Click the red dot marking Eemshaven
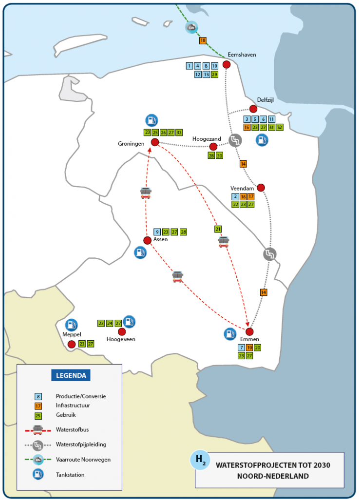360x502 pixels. point(227,64)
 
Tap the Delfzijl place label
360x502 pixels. point(266,99)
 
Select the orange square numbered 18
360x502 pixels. point(203,40)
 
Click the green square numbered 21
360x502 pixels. point(218,229)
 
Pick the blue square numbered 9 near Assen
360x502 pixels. point(157,232)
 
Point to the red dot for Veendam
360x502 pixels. point(261,188)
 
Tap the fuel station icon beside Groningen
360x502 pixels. point(152,120)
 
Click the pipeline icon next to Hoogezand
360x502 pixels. point(235,140)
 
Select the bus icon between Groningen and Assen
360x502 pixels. point(146,193)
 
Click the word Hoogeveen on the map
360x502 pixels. point(120,339)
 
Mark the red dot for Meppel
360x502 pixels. point(72,344)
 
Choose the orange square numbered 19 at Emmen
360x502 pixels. point(249,348)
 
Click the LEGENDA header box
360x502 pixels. point(71,375)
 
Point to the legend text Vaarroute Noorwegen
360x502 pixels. point(83,460)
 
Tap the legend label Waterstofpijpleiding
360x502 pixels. point(81,444)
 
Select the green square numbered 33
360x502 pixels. point(179,133)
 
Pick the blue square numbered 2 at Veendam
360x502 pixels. point(235,196)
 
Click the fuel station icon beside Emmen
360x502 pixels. point(229,334)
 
